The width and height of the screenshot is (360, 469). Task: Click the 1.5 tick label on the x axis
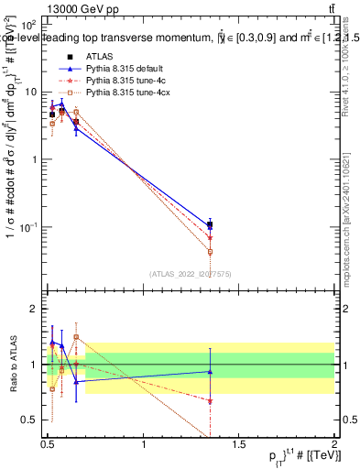(x=240, y=442)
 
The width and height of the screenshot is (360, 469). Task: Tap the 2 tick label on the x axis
(x=334, y=442)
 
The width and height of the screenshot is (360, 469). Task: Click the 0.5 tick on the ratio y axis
(x=33, y=420)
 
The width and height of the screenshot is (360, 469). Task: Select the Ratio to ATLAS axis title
(x=12, y=364)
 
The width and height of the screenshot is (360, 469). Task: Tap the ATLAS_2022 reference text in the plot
(x=191, y=273)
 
